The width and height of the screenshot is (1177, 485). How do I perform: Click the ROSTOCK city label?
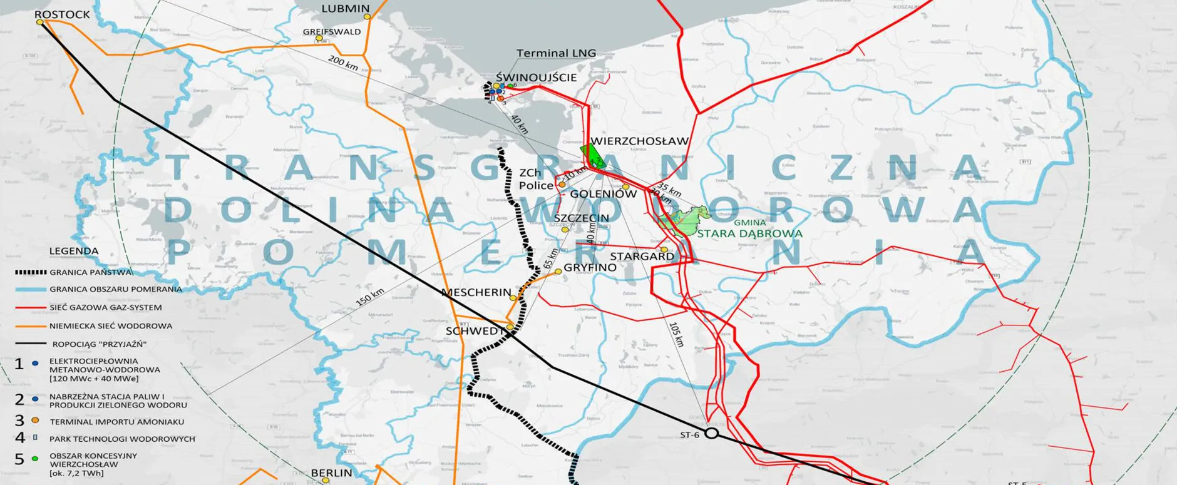[62, 14]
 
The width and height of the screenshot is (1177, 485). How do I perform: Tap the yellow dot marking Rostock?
[40, 23]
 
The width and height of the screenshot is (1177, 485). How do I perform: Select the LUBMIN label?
[345, 9]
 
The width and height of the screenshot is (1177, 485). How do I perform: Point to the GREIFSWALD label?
[332, 31]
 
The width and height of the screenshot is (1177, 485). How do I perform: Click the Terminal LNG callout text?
[556, 54]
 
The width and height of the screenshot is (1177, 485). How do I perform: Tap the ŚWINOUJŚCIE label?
[536, 78]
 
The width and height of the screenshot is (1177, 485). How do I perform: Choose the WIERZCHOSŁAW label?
[639, 141]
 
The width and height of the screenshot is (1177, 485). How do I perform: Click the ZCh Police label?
[536, 179]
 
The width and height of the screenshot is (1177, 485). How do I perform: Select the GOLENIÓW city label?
[603, 194]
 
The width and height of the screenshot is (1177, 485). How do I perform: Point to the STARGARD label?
[642, 257]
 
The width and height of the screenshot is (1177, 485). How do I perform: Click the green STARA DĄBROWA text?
[749, 234]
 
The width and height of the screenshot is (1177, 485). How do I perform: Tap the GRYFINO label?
[590, 268]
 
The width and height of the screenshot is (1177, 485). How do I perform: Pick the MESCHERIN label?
[476, 293]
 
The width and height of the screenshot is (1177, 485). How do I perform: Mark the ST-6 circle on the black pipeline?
[711, 433]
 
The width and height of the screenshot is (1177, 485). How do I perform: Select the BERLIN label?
[331, 473]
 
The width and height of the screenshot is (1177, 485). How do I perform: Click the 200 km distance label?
[343, 63]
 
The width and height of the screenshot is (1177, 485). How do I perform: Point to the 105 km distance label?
[676, 335]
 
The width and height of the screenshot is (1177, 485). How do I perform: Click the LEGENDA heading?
[74, 251]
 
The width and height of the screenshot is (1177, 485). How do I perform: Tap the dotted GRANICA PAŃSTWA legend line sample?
[31, 272]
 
